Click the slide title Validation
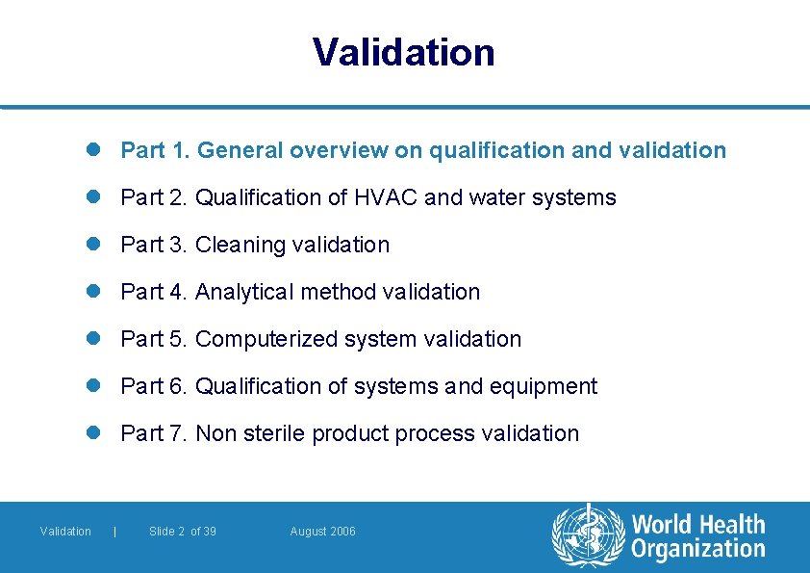404,52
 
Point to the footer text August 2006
322,532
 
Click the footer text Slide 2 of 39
183,532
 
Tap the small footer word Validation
65,532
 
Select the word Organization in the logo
698,550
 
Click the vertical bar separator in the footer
115,532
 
